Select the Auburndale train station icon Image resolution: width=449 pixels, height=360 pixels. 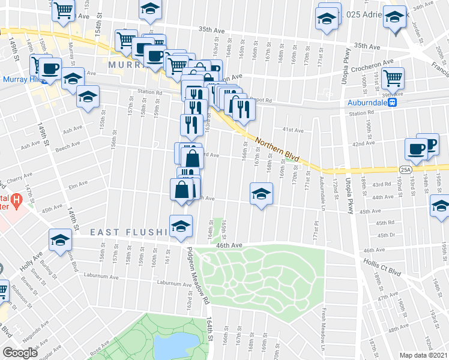pyautogui.click(x=393, y=102)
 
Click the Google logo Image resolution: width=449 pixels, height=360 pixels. pyautogui.click(x=20, y=352)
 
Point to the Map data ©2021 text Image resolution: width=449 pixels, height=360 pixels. pyautogui.click(x=424, y=355)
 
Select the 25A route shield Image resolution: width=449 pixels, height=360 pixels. pyautogui.click(x=406, y=170)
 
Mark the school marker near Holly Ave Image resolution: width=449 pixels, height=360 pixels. pyautogui.click(x=60, y=240)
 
